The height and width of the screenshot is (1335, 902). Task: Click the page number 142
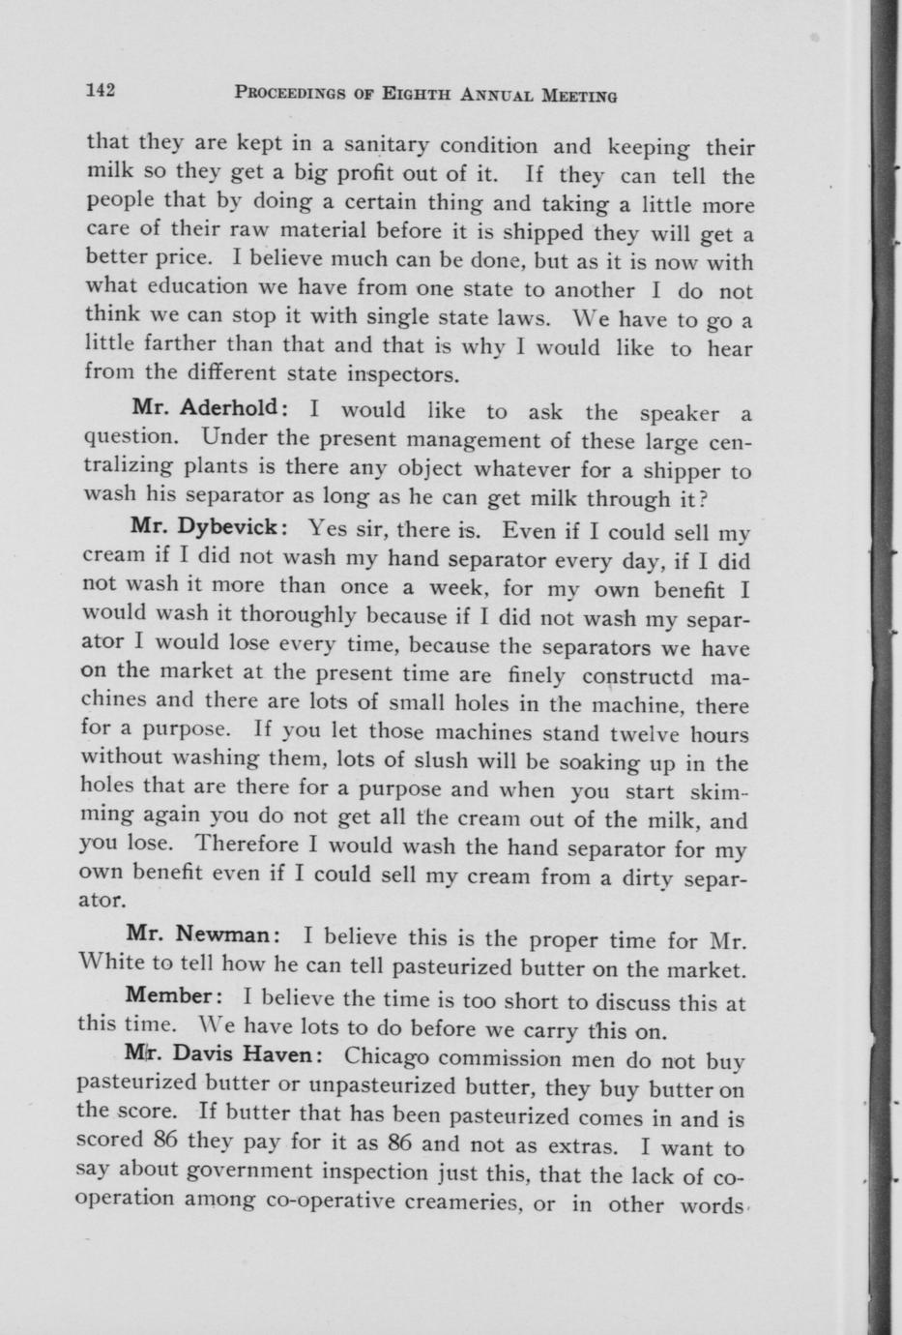[101, 91]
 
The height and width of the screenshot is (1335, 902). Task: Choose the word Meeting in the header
[578, 95]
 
